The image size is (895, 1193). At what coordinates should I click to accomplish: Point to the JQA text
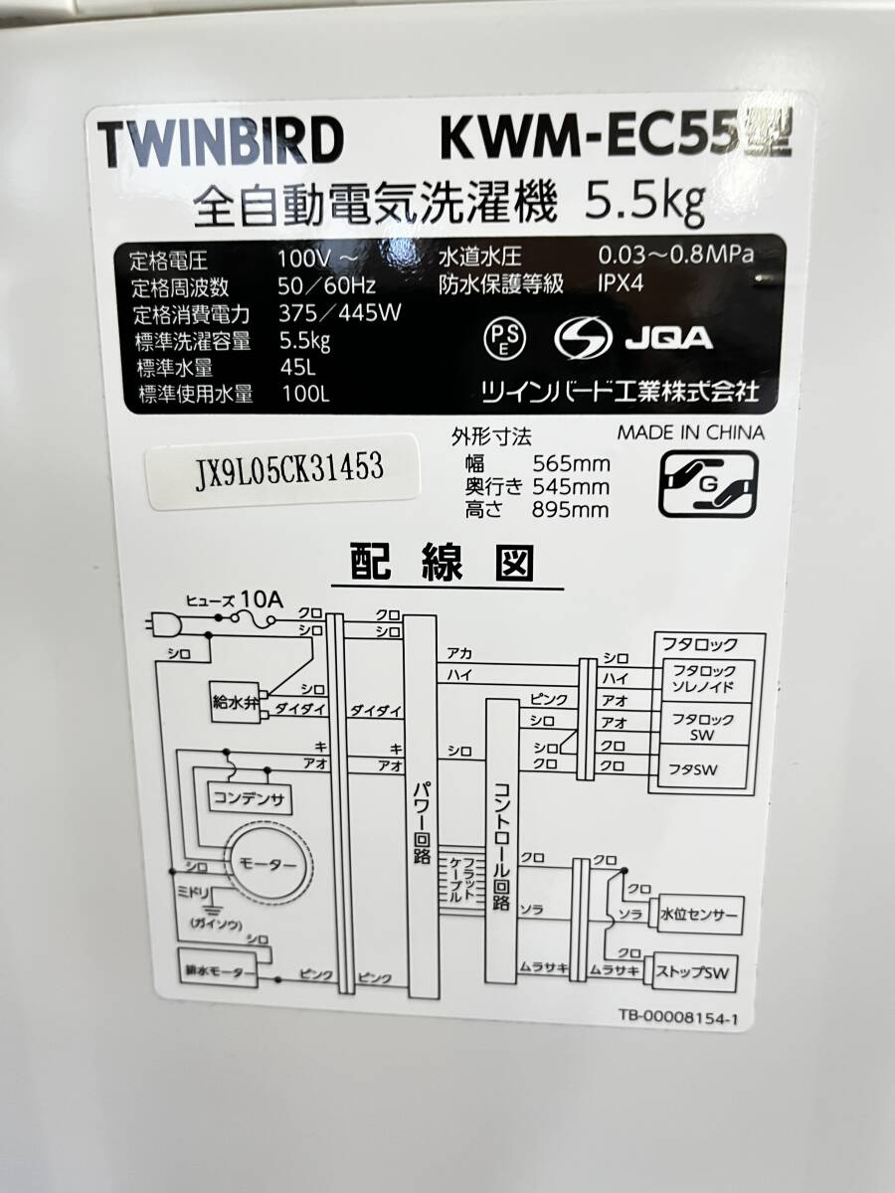coord(668,338)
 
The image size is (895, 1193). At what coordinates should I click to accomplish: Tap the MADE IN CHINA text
coord(691,432)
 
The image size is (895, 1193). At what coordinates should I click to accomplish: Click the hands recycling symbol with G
coord(708,483)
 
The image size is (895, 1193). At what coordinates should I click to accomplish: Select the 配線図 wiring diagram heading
coord(444,564)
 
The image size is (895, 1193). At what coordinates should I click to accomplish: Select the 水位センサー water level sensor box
coord(697,914)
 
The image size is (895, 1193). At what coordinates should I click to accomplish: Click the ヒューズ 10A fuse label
coord(236,599)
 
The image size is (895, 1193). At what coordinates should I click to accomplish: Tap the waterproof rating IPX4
coord(621,284)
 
